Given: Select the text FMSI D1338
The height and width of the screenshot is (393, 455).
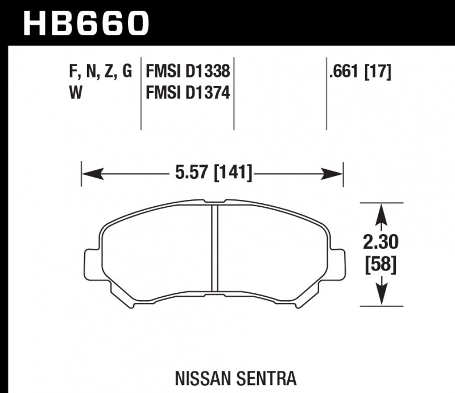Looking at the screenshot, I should pos(188,72).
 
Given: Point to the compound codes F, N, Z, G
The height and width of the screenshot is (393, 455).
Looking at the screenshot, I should pos(100,72).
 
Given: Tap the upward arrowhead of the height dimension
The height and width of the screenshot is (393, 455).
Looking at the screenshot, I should pos(382,212).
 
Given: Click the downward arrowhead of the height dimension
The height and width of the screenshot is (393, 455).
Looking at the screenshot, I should pos(382,297).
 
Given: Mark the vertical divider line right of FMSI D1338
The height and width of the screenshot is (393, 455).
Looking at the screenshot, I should pos(234,94).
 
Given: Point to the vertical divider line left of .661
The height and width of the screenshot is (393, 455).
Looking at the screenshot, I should pos(326,94).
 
